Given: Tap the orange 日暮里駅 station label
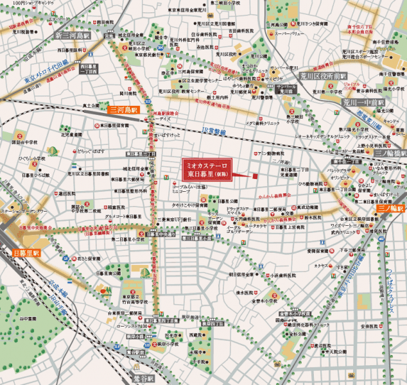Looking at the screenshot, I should [x=26, y=253].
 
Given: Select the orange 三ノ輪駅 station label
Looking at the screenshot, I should [x=391, y=209].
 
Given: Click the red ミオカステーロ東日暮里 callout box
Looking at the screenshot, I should [x=204, y=168].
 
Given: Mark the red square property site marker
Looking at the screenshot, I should [x=254, y=175].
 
